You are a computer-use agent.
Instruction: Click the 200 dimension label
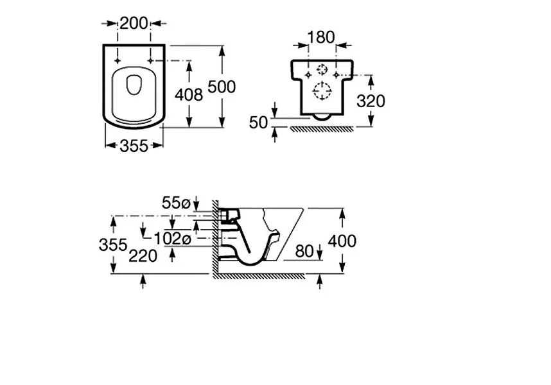coord(134,24)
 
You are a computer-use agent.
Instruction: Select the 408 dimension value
coord(189,95)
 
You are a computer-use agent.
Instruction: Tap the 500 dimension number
coord(222,87)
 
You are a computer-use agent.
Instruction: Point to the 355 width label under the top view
coord(134,146)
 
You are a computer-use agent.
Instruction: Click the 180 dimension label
coord(321,37)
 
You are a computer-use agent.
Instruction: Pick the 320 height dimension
coord(371,101)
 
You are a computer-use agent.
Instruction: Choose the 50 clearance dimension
coord(259,123)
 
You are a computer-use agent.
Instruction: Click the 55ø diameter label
coord(176,203)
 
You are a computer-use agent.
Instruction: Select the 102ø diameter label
coord(173,239)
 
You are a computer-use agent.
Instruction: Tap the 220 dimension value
coord(143,256)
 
